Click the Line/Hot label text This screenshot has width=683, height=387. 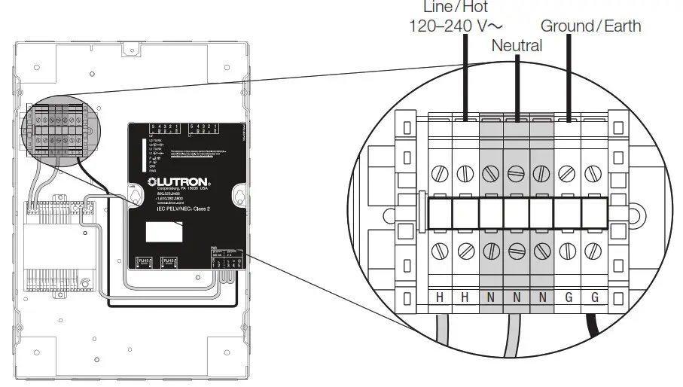pyautogui.click(x=445, y=7)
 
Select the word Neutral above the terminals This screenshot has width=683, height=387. pyautogui.click(x=517, y=46)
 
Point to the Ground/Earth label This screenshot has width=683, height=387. pyautogui.click(x=590, y=26)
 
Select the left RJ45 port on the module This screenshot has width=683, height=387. pyautogui.click(x=143, y=261)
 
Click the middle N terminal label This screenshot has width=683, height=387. pyautogui.click(x=517, y=297)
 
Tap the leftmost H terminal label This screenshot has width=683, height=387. pyautogui.click(x=440, y=297)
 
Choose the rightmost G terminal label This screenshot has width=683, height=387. pyautogui.click(x=594, y=297)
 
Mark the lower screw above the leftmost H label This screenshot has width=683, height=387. pyautogui.click(x=440, y=251)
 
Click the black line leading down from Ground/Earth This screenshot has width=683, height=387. pyautogui.click(x=569, y=75)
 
